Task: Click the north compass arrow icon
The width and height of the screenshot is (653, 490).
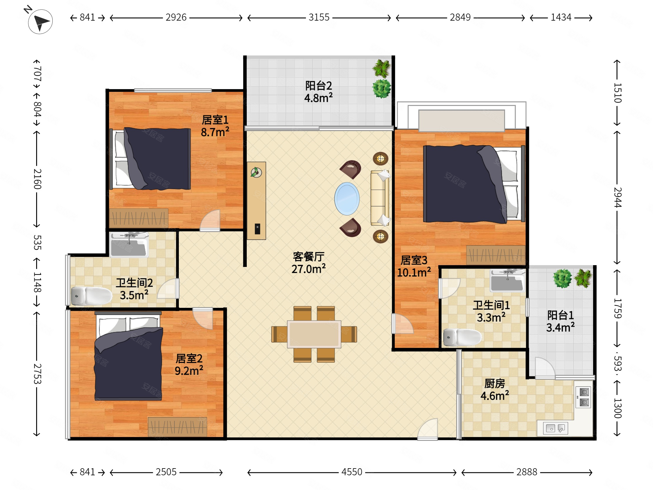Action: coord(40,21)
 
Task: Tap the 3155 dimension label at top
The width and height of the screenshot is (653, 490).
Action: coord(319,17)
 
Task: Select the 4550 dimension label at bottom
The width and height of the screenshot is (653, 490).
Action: coord(352,472)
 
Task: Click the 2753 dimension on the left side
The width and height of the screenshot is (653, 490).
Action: coord(37,374)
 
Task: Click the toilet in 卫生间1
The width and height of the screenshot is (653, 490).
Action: coord(462,337)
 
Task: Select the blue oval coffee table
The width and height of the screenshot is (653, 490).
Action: coord(347,199)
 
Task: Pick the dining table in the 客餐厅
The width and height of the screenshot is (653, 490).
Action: coord(314,334)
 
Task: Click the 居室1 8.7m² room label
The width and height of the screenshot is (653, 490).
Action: coord(215,126)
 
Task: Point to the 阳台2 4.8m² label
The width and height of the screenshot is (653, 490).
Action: coord(319,92)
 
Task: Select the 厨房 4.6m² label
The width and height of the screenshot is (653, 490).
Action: coord(495,390)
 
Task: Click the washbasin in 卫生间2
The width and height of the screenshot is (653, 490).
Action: coord(129,245)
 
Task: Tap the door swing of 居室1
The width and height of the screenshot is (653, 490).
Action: coord(210,220)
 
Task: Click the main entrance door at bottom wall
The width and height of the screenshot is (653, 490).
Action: coord(427,429)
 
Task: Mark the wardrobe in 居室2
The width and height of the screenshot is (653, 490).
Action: coord(177,426)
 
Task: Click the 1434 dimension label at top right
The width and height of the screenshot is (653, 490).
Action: coord(561,17)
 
